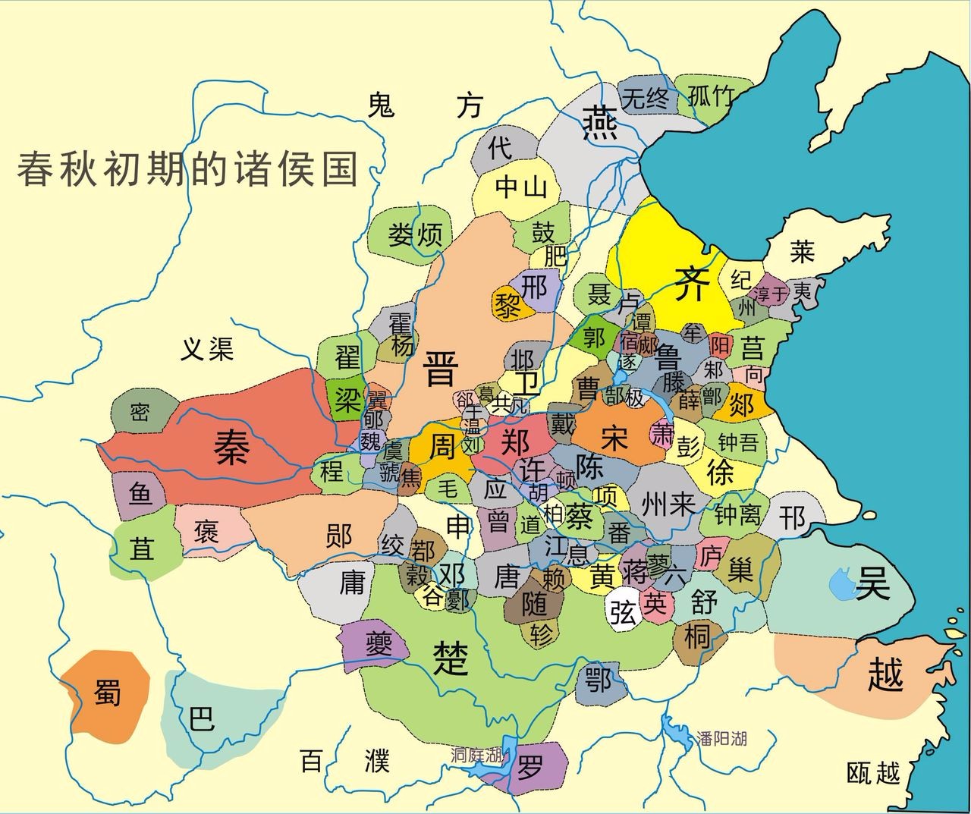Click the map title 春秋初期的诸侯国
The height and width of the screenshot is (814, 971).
(x=187, y=168)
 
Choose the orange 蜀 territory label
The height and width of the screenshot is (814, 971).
(x=107, y=691)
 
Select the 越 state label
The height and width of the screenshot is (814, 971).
(x=885, y=673)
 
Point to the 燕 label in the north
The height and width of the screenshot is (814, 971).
(x=599, y=121)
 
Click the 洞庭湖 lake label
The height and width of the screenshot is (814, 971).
(x=476, y=755)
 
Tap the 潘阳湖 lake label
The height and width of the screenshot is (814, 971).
(x=721, y=737)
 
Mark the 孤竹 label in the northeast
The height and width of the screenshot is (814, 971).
(x=711, y=96)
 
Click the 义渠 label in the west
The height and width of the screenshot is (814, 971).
(x=207, y=348)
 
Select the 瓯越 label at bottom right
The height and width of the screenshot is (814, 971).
(x=874, y=773)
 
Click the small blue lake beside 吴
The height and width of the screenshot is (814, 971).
(x=842, y=583)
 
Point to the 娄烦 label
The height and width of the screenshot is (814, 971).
(x=415, y=234)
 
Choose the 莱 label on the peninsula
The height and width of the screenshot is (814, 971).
(x=802, y=250)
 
